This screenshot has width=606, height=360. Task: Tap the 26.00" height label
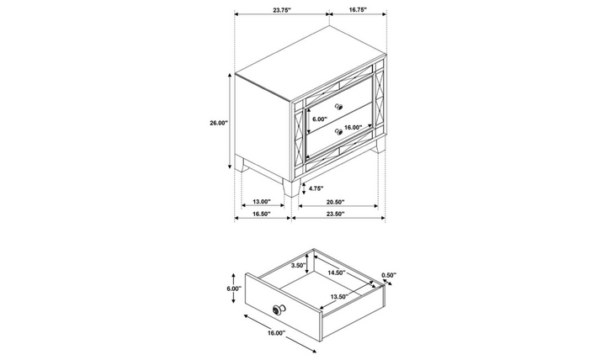219,123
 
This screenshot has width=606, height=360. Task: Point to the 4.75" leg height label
316,188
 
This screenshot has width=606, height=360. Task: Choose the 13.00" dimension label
262,202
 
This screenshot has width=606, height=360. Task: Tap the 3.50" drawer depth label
298,265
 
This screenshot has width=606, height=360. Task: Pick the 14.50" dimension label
338,273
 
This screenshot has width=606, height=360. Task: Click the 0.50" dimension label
390,274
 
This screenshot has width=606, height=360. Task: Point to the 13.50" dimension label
341,297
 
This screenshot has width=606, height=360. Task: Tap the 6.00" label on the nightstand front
320,119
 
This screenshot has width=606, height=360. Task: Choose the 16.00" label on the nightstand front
353,128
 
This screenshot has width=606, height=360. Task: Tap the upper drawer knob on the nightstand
339,105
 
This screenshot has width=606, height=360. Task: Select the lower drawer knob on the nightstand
338,131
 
